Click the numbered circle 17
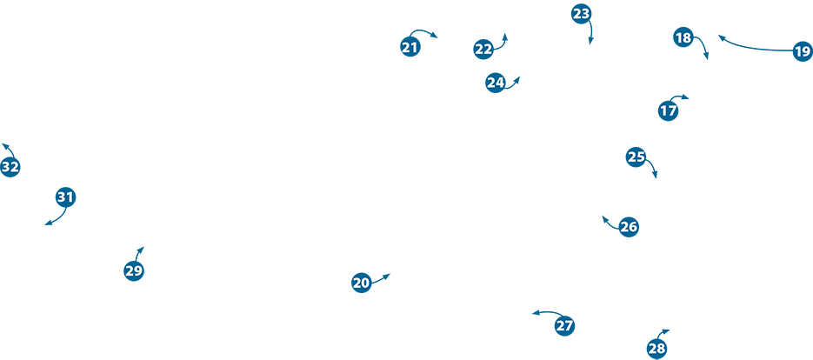coord(668,111)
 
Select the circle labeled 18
coord(683,37)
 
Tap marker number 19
coord(802,51)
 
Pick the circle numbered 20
coord(362,283)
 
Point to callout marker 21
coord(410,47)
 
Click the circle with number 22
coord(483,50)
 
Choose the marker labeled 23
coord(581,14)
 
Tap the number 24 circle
coord(495,83)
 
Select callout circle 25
coord(636,157)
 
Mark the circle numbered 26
coord(629,227)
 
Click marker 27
coord(564,326)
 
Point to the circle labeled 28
coord(656,349)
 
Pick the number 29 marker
coord(133,270)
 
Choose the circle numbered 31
coord(66,197)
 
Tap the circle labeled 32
coord(10,167)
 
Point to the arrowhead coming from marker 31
coord(46,224)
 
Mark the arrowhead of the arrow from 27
coord(534,313)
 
